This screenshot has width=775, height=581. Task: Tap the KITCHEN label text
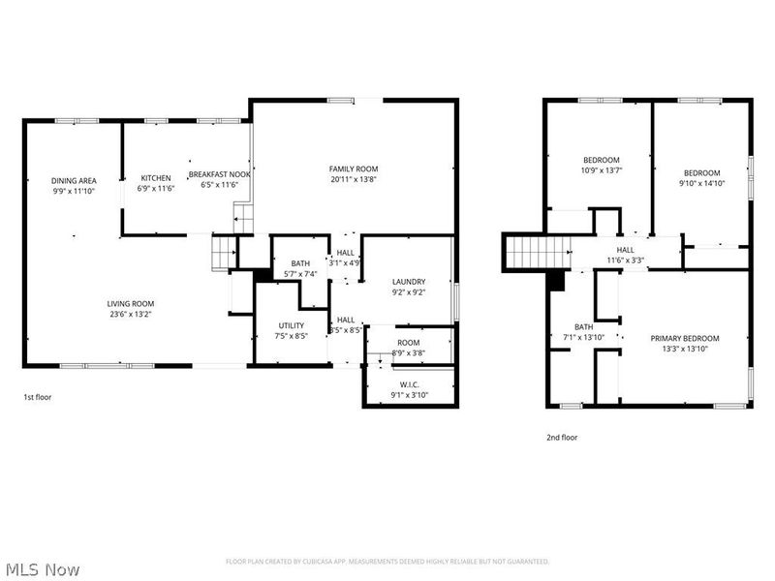[x=156, y=178]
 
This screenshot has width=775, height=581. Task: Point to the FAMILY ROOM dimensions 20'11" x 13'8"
[x=353, y=179]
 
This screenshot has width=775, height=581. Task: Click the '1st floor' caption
[x=39, y=398]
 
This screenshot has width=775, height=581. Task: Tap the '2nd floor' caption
[x=562, y=438]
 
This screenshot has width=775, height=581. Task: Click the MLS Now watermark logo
[x=43, y=569]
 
